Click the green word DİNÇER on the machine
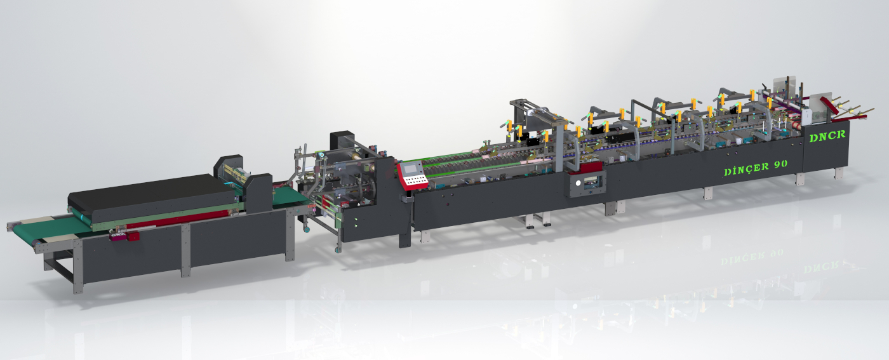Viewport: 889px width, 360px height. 747,169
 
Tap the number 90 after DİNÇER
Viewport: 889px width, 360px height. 780,164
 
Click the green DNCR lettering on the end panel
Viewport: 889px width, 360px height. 827,136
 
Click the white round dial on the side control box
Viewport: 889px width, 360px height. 577,183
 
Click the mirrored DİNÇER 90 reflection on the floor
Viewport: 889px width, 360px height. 751,257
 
